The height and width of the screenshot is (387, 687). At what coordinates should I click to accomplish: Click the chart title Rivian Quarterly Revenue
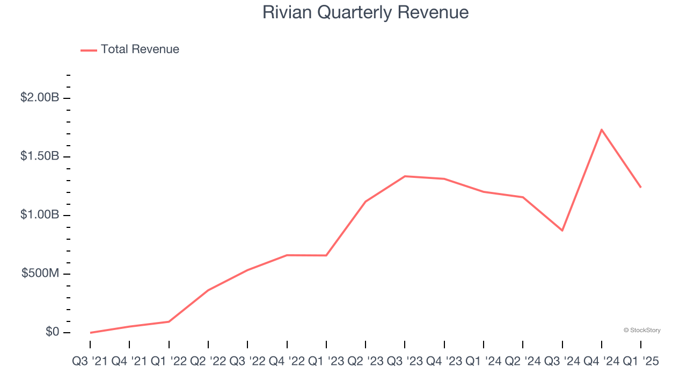[x=366, y=12]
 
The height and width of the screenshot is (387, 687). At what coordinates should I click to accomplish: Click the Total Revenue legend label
[x=140, y=49]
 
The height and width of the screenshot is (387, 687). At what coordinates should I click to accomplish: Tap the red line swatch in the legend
[x=89, y=50]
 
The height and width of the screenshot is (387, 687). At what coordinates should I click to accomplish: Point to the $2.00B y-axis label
[x=39, y=98]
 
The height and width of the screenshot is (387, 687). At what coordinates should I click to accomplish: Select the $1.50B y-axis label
[x=39, y=156]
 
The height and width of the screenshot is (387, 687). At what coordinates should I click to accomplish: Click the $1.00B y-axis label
[x=39, y=215]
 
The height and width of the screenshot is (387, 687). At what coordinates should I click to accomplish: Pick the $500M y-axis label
[x=40, y=274]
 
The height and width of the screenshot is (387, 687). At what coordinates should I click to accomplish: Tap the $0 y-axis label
[x=53, y=332]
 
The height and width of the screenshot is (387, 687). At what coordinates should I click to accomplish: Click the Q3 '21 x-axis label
[x=90, y=362]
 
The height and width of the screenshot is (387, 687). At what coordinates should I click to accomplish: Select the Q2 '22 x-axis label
[x=208, y=362]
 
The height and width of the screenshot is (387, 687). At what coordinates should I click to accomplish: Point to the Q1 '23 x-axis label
[x=326, y=362]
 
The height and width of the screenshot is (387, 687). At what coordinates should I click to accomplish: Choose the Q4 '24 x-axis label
[x=602, y=362]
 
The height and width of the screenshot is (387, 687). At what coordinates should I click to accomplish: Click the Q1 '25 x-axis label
[x=640, y=362]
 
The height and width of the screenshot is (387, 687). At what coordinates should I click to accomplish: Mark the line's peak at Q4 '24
[x=602, y=130]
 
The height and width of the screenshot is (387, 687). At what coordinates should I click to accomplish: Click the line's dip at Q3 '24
[x=562, y=231]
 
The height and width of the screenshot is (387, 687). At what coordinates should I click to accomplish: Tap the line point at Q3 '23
[x=405, y=176]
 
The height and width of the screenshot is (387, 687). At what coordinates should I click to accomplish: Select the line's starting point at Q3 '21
[x=90, y=333]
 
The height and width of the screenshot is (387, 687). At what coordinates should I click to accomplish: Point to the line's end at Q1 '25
[x=641, y=187]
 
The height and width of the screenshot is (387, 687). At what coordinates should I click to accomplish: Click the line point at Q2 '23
[x=366, y=202]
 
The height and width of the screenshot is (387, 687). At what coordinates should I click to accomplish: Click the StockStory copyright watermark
[x=642, y=330]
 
